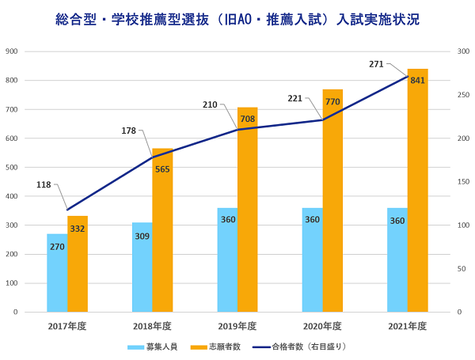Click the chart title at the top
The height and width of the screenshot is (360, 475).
(x=237, y=17)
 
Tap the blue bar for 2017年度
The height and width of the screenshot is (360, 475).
(x=57, y=273)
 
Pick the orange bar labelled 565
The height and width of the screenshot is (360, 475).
(x=162, y=229)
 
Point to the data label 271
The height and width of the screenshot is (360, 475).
(x=376, y=63)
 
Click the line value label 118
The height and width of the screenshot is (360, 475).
(x=44, y=184)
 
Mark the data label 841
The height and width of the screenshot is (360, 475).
(x=418, y=80)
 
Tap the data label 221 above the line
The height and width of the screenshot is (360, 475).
(x=294, y=99)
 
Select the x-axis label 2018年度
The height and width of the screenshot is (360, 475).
(x=152, y=326)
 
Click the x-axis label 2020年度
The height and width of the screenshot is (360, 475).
(x=322, y=326)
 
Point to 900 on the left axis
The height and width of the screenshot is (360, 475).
(x=12, y=51)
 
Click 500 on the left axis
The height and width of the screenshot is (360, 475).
(x=12, y=167)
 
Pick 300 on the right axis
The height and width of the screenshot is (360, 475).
(x=463, y=51)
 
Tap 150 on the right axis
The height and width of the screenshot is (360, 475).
(x=463, y=182)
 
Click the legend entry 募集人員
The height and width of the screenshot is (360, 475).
(x=153, y=347)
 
